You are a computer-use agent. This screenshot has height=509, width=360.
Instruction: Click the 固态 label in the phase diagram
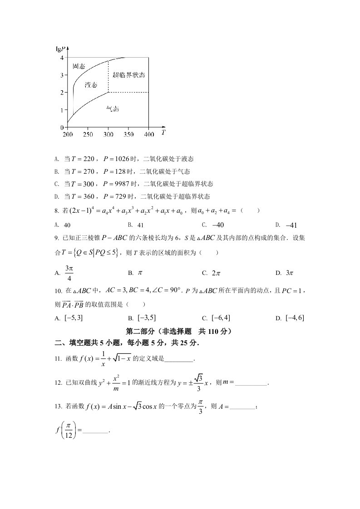click(79, 66)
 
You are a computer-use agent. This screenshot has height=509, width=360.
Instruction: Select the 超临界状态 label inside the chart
click(129, 75)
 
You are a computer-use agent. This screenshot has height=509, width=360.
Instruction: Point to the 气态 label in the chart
click(113, 109)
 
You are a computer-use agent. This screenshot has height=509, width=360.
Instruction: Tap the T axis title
click(163, 132)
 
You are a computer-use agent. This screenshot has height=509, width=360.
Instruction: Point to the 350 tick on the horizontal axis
click(128, 135)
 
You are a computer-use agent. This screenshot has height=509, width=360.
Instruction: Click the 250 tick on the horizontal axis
click(88, 135)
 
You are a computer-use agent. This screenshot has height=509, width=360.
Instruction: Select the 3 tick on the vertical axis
click(61, 75)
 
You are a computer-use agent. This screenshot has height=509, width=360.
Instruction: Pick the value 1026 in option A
click(120, 159)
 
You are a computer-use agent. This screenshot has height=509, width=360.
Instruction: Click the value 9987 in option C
click(120, 184)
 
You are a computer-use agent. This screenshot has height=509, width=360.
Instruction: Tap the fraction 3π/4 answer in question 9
click(69, 273)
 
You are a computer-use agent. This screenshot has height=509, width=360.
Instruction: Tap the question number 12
click(58, 383)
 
